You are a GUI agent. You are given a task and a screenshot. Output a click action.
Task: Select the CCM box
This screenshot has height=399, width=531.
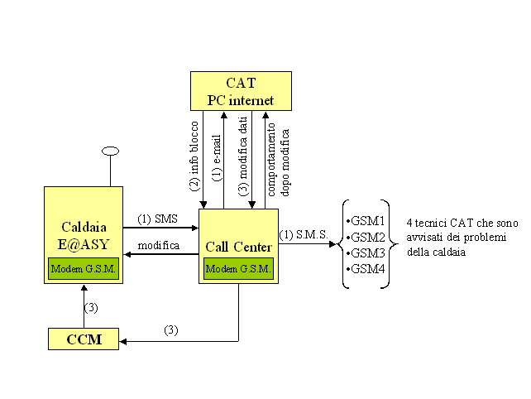point(83,339)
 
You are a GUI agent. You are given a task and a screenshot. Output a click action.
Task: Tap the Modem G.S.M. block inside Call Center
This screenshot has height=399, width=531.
point(238,270)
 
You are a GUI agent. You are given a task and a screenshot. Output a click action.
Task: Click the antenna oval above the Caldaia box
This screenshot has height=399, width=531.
point(110,151)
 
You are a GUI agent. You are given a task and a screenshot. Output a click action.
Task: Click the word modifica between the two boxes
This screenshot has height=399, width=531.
point(159,246)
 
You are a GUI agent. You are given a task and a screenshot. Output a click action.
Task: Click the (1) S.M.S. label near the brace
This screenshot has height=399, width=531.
point(305,235)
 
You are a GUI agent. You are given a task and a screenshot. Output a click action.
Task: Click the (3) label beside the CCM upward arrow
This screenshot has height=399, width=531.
point(92,308)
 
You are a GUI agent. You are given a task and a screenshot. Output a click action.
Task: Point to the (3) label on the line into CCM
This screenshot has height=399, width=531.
point(170,329)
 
